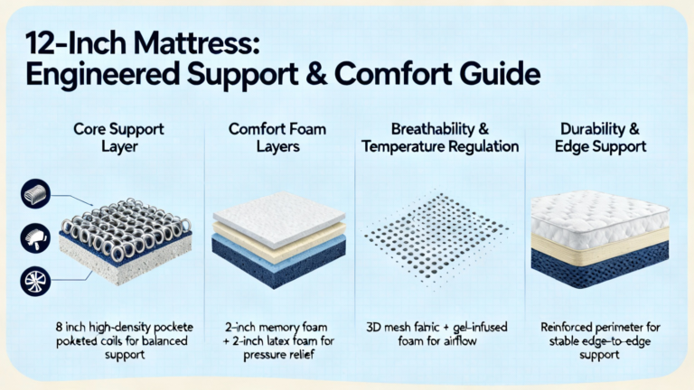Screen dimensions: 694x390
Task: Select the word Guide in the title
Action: pos(499,74)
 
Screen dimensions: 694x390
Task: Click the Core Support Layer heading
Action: pos(118,137)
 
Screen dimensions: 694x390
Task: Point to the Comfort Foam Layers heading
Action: pos(277,137)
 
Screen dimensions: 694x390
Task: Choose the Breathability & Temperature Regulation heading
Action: pos(440,137)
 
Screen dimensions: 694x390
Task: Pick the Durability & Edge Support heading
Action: pos(600,137)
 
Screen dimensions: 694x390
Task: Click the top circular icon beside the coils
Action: pos(35,194)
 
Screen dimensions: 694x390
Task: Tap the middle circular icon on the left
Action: pos(35,237)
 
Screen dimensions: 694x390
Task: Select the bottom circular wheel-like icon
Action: pos(35,282)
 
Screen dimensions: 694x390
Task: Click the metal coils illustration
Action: pos(127,227)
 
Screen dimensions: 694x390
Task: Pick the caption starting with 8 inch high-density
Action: pos(125,341)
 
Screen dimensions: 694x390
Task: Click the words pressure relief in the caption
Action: pos(279,355)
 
